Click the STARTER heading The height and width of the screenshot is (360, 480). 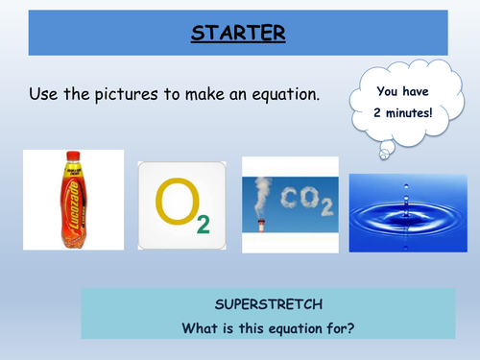(240, 36)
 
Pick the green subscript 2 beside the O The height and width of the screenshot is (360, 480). (204, 226)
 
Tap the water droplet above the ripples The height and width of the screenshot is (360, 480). (399, 193)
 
